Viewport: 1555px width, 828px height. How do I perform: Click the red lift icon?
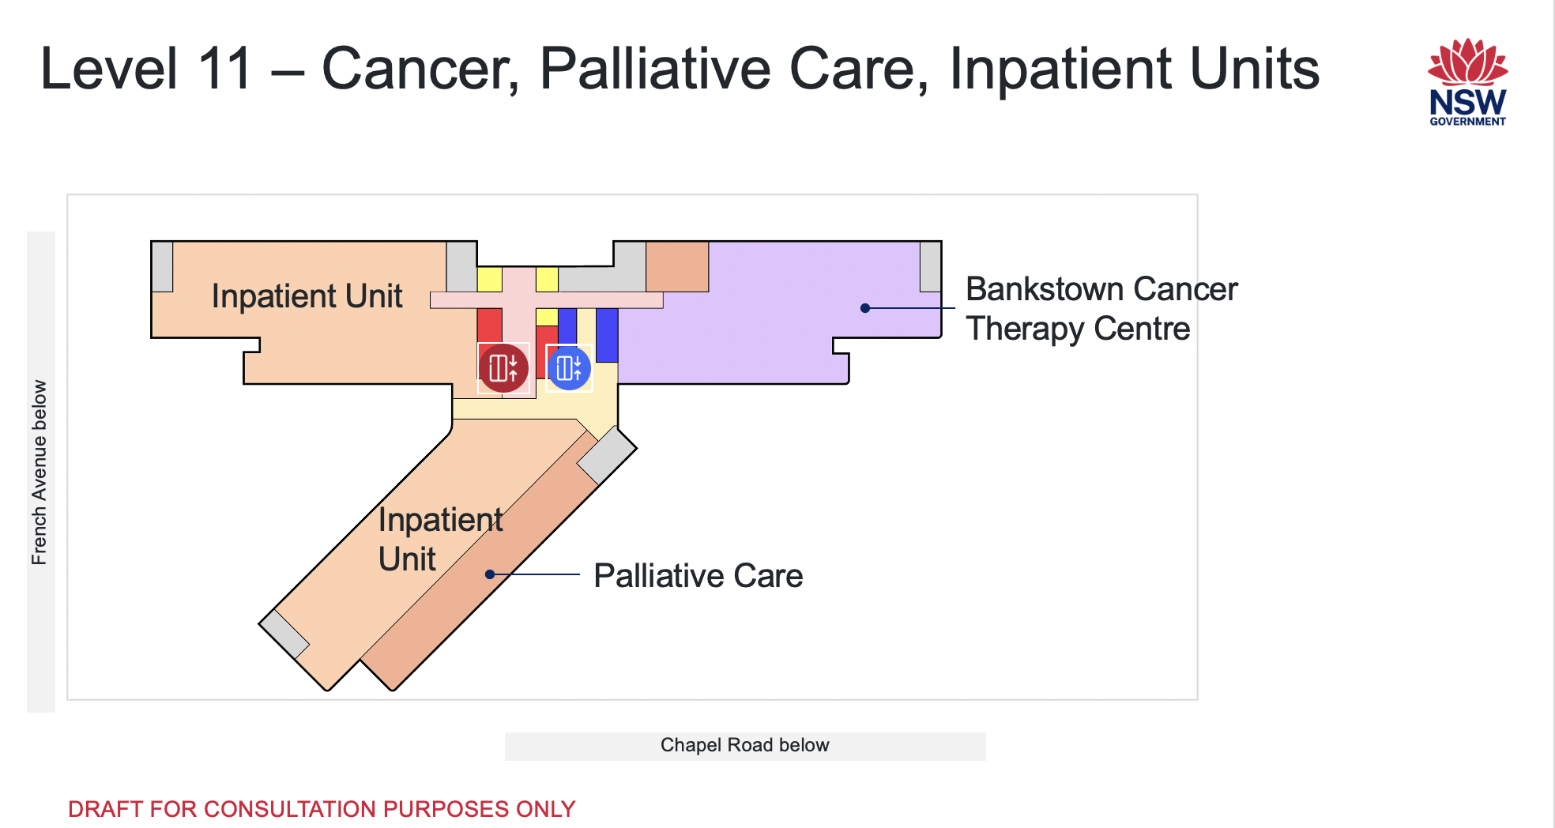503,367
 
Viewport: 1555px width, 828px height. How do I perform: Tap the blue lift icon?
569,367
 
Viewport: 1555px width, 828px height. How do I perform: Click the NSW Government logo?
1467,82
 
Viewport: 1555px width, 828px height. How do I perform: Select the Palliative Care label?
698,575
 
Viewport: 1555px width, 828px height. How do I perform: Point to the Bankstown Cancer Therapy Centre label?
1101,309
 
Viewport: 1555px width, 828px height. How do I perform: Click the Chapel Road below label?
744,745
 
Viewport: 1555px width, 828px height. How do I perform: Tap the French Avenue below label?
40,472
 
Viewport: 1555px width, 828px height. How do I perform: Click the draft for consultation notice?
322,809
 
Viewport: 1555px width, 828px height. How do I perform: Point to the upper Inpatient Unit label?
307,296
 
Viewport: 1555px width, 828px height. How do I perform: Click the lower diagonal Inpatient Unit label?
440,539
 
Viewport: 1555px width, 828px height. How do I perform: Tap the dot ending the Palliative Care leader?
490,574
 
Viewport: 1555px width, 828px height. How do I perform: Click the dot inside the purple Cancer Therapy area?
865,308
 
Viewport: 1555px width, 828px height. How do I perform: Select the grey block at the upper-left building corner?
163,267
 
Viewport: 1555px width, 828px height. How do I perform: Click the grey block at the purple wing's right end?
930,267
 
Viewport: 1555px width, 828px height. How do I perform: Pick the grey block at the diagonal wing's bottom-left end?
284,634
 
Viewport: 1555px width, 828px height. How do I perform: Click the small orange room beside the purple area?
677,267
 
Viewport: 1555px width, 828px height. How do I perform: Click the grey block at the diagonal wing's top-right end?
607,455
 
